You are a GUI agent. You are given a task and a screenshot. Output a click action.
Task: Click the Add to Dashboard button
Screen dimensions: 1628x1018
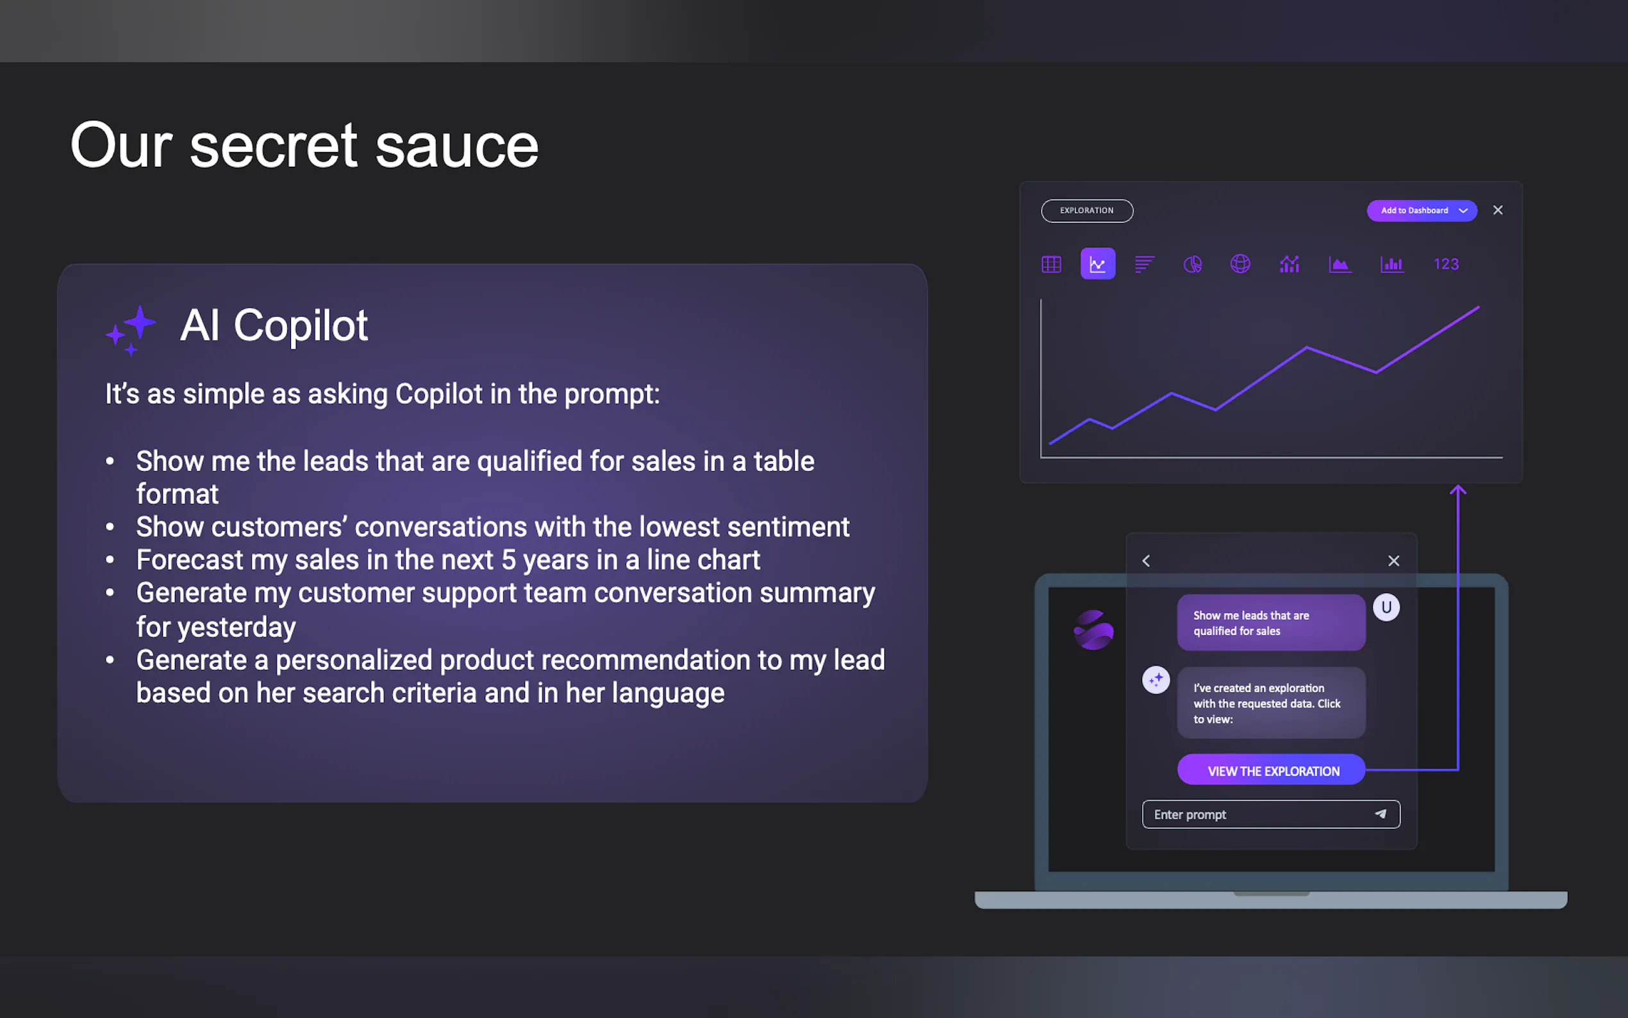tap(1422, 211)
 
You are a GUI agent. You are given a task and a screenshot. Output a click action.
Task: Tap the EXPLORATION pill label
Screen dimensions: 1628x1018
tap(1087, 211)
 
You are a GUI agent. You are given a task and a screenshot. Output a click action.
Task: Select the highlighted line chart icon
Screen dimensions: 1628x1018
tap(1098, 263)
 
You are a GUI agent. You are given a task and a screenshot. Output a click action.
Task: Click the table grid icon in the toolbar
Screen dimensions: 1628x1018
tap(1051, 264)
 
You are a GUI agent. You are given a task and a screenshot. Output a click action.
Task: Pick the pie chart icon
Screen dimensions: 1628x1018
tap(1193, 264)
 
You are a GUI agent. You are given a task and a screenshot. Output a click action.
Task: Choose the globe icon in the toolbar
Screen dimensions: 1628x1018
tap(1240, 264)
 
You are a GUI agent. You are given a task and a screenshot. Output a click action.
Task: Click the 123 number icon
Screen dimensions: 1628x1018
tap(1445, 264)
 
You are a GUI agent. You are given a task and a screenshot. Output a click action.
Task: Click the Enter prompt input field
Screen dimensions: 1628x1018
tap(1271, 814)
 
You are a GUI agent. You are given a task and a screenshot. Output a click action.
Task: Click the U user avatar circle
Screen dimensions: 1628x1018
tap(1386, 607)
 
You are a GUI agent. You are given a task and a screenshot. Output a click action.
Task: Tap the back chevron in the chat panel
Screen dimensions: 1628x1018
tap(1146, 561)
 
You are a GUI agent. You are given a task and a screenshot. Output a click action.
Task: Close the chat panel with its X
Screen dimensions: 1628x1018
tap(1394, 561)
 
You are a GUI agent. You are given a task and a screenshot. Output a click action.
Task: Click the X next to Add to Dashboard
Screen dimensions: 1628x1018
tap(1498, 210)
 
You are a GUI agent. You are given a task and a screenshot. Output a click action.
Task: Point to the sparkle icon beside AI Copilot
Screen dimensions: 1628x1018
tap(131, 330)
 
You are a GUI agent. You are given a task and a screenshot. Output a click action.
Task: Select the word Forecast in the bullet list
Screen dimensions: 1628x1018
tap(190, 560)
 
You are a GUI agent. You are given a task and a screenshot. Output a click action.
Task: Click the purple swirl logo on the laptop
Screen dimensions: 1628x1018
tap(1093, 630)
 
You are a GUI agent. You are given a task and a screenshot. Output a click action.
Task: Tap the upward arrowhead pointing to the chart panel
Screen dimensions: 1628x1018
tap(1458, 490)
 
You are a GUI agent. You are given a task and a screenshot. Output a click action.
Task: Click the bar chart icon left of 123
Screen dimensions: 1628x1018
tap(1391, 264)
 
